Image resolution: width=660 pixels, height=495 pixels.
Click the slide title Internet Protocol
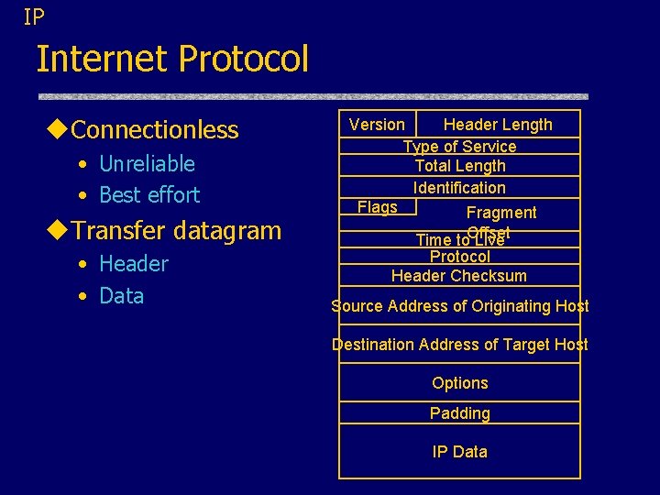pyautogui.click(x=172, y=60)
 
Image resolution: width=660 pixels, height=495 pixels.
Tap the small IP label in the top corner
pyautogui.click(x=34, y=16)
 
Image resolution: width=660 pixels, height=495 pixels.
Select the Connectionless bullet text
pyautogui.click(x=154, y=130)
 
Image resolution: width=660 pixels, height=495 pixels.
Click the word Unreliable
pyautogui.click(x=147, y=164)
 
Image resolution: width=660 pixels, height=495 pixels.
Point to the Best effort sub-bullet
pyautogui.click(x=148, y=194)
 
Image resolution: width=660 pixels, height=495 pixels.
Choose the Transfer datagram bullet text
pyautogui.click(x=176, y=230)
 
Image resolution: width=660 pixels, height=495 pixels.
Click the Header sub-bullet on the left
pyautogui.click(x=134, y=264)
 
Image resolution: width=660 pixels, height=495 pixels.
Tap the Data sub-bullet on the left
pyautogui.click(x=121, y=296)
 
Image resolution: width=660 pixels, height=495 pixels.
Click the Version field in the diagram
pyautogui.click(x=377, y=125)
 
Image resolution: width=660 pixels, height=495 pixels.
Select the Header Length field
pyautogui.click(x=498, y=125)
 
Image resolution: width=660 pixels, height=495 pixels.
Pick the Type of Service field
pyautogui.click(x=459, y=147)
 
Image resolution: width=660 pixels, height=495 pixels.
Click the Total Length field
pyautogui.click(x=459, y=166)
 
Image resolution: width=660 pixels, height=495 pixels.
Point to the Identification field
pyautogui.click(x=459, y=188)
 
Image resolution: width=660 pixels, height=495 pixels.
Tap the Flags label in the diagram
pyautogui.click(x=378, y=207)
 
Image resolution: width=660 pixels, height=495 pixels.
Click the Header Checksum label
pyautogui.click(x=459, y=276)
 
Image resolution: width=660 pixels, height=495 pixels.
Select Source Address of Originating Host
pyautogui.click(x=459, y=306)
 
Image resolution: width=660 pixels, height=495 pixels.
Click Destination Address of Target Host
pyautogui.click(x=459, y=345)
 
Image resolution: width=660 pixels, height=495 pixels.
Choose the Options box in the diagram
pyautogui.click(x=459, y=383)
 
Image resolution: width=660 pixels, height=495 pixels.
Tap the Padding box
pyautogui.click(x=459, y=413)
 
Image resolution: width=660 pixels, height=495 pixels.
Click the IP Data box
pyautogui.click(x=459, y=452)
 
